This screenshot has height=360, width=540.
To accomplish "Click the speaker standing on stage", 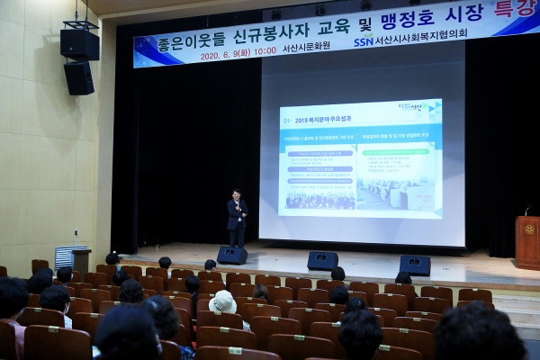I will (237, 217).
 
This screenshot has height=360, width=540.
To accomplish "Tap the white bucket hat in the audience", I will (222, 302).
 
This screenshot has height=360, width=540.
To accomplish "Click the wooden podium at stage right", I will (527, 241).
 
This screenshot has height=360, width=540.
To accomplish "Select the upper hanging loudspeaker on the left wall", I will (79, 43).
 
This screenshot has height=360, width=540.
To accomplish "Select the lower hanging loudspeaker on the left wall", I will (78, 78).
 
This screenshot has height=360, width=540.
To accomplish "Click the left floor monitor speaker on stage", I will (231, 256).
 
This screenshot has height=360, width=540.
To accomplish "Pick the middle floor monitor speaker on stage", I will (322, 261).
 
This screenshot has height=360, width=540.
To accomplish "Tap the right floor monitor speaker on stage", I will (414, 265).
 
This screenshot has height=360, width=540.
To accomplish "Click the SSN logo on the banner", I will (364, 40).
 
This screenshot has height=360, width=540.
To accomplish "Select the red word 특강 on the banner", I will (517, 10).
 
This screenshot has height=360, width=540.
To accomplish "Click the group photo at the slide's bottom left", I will (319, 195).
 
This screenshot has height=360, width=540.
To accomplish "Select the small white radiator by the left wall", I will (68, 257).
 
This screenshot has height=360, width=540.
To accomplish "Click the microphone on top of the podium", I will (526, 211).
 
